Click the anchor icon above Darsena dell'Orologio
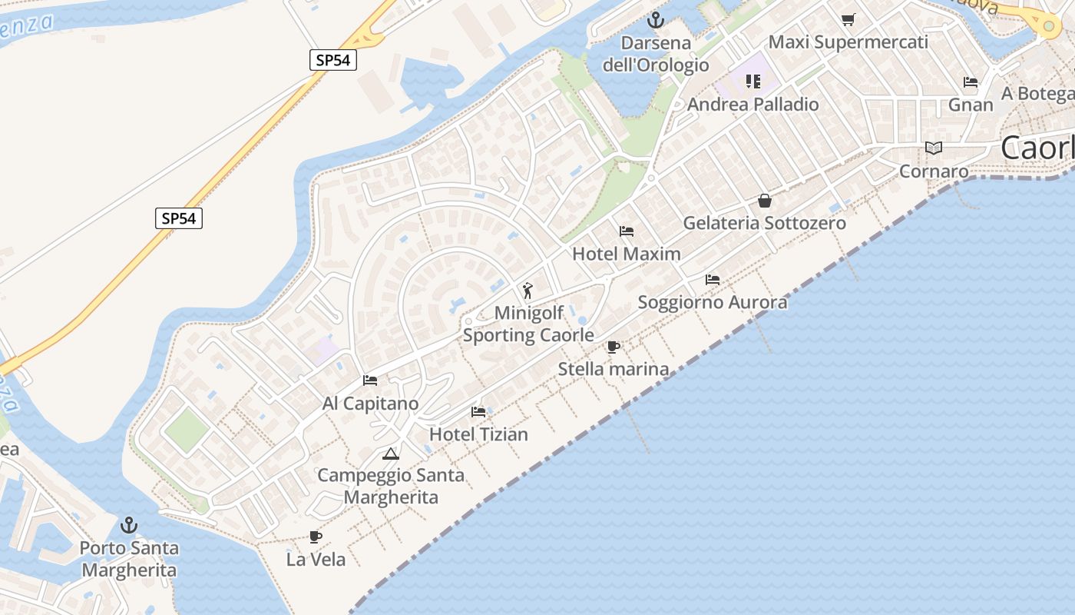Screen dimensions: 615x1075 tap(656, 19)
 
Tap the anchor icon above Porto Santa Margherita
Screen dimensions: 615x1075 tap(129, 525)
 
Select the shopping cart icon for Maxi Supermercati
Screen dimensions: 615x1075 tap(848, 19)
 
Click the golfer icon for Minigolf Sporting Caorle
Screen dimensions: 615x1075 tap(528, 291)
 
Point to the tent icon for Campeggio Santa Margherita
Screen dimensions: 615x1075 tap(391, 454)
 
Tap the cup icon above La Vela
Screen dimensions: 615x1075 tap(315, 537)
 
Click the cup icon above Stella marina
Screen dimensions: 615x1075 tap(613, 347)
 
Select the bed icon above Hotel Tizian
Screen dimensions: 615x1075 tap(478, 412)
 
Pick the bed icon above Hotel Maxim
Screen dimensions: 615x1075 tap(627, 231)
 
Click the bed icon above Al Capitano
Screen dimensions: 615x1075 tap(370, 381)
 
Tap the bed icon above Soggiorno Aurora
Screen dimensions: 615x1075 tap(713, 279)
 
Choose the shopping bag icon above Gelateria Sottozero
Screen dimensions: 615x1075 tap(765, 201)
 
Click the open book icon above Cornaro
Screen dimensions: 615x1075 tap(934, 148)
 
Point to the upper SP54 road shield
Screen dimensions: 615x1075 tap(333, 60)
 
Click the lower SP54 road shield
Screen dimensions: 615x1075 tap(179, 218)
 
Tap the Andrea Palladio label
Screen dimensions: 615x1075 tap(752, 105)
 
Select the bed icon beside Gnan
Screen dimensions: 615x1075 tap(971, 82)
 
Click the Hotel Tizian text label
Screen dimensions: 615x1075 tap(478, 434)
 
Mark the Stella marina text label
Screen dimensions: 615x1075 tap(614, 369)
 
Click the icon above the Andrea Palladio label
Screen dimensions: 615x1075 tap(752, 81)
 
